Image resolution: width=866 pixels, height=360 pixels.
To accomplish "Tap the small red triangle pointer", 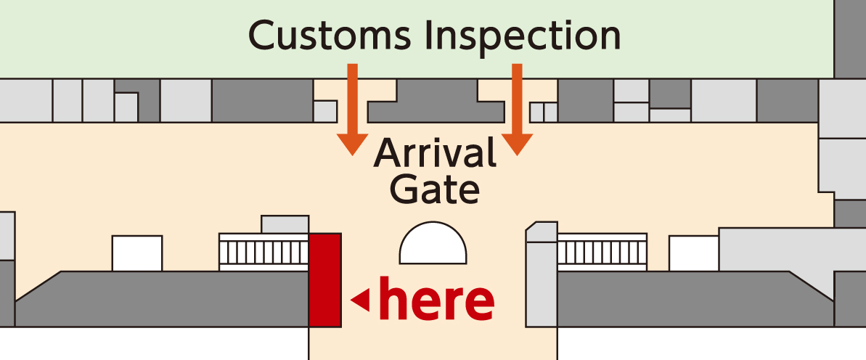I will pyautogui.click(x=360, y=298).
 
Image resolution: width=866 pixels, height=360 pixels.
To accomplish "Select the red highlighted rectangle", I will pyautogui.click(x=325, y=279).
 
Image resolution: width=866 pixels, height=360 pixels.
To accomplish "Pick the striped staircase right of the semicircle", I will pyautogui.click(x=602, y=252).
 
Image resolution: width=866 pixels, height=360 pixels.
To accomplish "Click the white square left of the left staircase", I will pyautogui.click(x=137, y=253).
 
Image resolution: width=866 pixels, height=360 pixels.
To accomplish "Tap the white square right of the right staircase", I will pyautogui.click(x=693, y=253).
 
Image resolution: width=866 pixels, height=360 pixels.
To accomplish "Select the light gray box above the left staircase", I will pyautogui.click(x=285, y=224).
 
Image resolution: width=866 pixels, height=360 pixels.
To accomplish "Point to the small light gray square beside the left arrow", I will pyautogui.click(x=325, y=111).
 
